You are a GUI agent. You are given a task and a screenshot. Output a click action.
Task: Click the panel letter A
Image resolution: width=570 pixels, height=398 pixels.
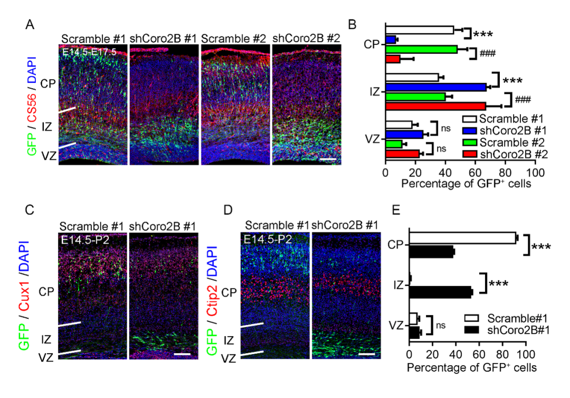[31, 24]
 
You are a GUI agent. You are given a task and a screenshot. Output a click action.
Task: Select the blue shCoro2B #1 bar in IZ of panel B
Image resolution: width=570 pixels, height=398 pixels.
[435, 87]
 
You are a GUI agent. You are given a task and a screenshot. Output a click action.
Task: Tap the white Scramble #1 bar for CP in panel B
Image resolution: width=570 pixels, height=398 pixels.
[420, 30]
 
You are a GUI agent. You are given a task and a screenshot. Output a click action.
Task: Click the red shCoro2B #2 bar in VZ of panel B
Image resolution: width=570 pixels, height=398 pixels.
[402, 154]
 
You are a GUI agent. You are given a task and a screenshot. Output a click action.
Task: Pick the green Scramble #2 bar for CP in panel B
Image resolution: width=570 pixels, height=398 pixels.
[421, 49]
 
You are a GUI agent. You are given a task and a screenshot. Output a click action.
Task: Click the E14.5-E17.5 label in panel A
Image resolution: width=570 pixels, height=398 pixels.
[88, 51]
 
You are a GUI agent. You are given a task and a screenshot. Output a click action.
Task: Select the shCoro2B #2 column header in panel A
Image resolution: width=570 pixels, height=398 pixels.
[307, 39]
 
